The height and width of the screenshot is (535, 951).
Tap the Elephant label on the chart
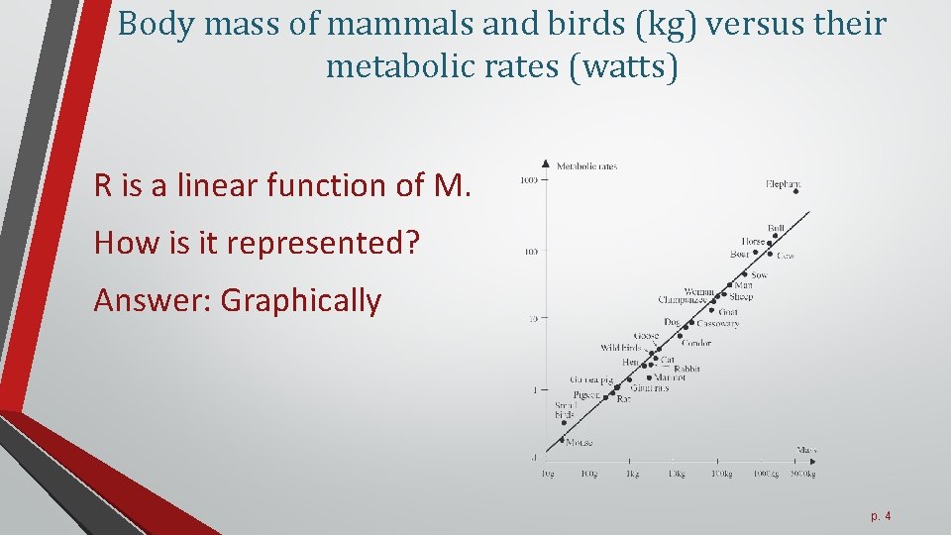784,183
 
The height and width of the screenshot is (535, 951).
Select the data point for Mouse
562,440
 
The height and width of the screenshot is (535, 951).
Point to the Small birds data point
563,422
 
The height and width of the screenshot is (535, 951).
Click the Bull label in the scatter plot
776,229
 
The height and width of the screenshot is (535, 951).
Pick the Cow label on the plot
785,256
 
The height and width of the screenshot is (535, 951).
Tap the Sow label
759,275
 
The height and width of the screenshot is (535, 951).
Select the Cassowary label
718,323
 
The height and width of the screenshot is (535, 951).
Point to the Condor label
696,344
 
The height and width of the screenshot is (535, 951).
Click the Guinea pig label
590,379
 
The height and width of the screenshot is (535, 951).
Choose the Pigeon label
585,394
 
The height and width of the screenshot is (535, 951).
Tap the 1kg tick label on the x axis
631,475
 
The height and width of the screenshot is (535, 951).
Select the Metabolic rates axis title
586,166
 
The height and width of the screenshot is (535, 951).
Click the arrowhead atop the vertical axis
546,163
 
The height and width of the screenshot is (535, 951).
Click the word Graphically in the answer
301,299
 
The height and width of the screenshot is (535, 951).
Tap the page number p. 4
881,515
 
